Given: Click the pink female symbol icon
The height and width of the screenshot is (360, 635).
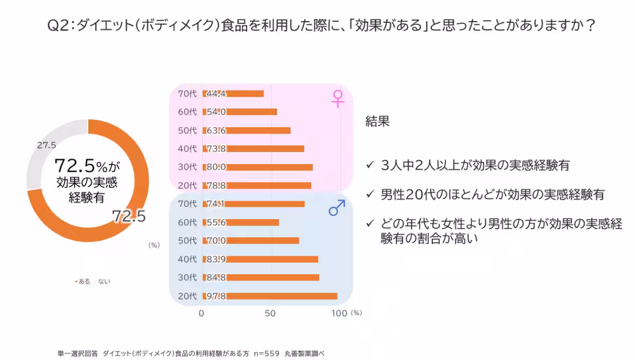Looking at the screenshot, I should [x=338, y=98].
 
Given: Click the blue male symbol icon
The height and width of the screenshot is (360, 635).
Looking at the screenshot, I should [x=337, y=208].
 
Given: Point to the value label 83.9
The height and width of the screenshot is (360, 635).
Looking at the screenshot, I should [x=216, y=259].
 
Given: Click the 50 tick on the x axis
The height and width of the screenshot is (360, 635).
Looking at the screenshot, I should [x=270, y=313].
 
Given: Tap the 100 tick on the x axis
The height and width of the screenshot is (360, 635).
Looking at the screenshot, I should [x=339, y=313].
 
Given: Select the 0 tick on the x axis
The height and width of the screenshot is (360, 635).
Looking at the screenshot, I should [x=202, y=313].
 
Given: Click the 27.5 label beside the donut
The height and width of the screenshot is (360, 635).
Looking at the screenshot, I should [x=47, y=145].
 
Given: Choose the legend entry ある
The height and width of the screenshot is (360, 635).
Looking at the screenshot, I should [x=83, y=282].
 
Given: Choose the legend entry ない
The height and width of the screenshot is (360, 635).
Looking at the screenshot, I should [x=103, y=282].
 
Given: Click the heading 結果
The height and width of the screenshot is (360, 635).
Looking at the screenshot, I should [x=377, y=121].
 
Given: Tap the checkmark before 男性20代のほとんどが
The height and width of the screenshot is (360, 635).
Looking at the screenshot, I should [x=370, y=194].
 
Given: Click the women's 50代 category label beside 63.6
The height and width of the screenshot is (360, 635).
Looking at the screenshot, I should [x=187, y=130].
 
